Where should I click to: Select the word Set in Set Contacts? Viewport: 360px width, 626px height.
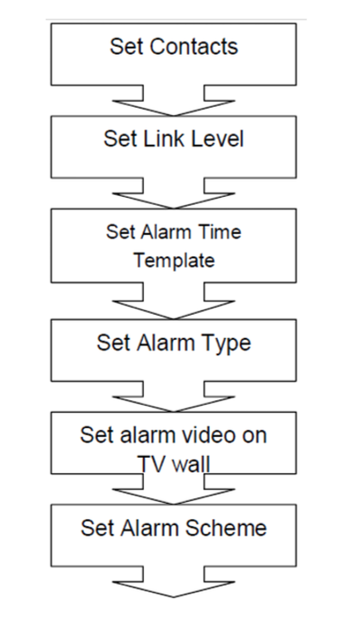125,47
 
